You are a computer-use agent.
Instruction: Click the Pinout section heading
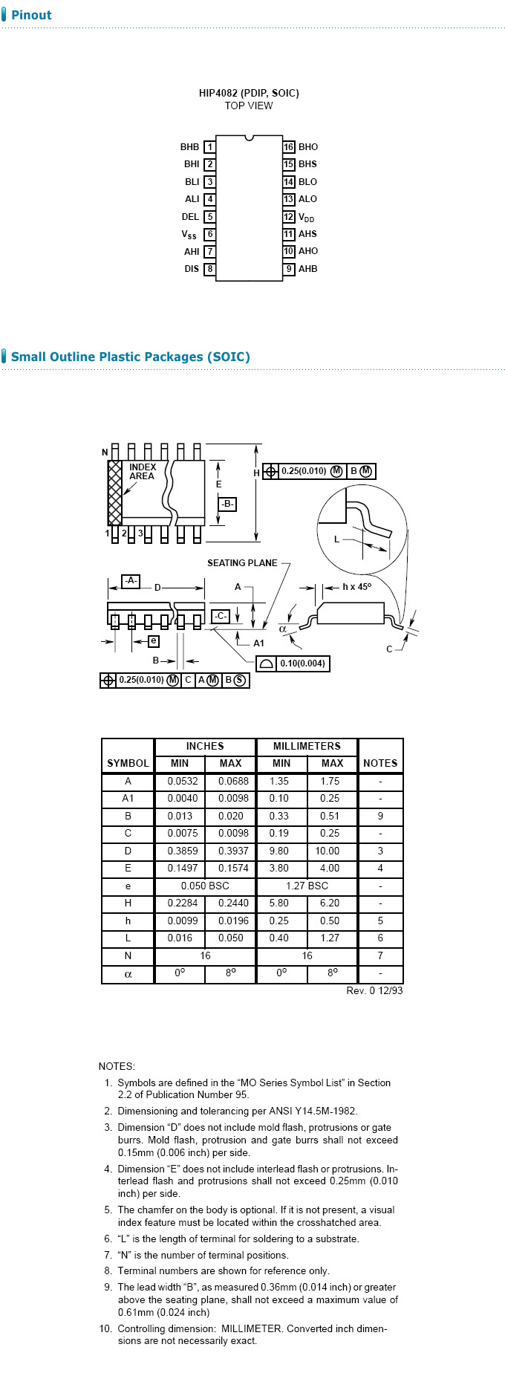[x=31, y=15]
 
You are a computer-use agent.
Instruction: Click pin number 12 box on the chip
[x=289, y=217]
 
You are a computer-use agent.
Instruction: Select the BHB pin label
[x=189, y=147]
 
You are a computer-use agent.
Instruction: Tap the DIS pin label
[x=192, y=269]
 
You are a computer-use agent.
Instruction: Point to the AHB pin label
[x=307, y=269]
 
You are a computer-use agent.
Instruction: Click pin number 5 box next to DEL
[x=210, y=217]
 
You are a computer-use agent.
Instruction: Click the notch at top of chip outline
[x=250, y=137]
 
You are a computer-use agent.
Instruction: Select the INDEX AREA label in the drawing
[x=142, y=472]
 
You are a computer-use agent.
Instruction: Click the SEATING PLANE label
[x=242, y=563]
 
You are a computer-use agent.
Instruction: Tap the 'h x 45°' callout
[x=356, y=587]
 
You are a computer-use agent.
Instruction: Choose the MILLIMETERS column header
[x=307, y=746]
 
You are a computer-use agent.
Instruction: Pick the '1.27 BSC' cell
[x=307, y=886]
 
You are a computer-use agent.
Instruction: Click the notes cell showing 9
[x=380, y=816]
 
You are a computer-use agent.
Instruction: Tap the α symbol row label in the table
[x=128, y=973]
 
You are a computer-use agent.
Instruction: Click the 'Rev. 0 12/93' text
[x=374, y=990]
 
